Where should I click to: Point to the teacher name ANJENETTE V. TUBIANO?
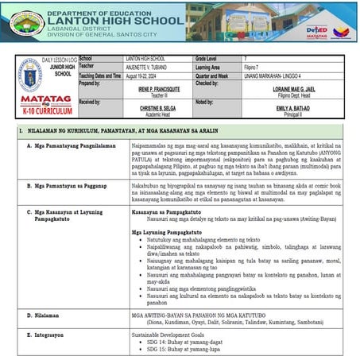coord(151,67)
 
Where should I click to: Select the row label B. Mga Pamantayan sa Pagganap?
coord(68,182)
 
